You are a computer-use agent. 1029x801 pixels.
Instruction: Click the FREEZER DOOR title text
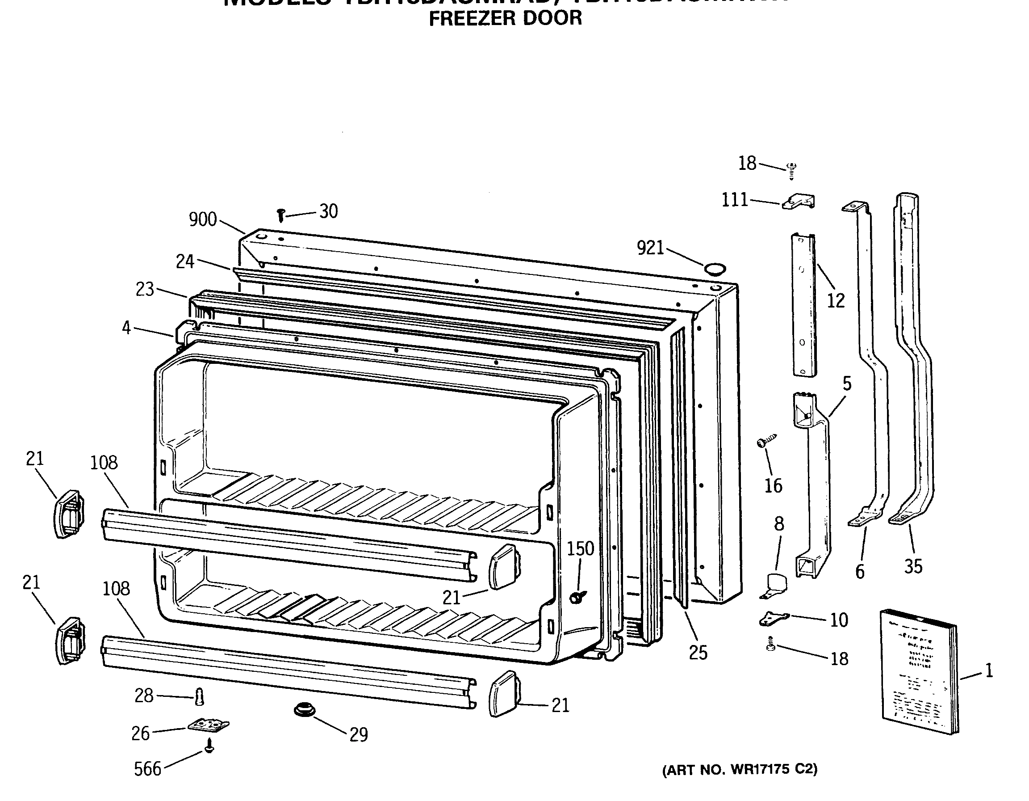[x=505, y=18]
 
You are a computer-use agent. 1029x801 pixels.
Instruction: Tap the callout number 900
[x=203, y=220]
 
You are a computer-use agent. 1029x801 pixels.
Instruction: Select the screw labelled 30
[x=281, y=215]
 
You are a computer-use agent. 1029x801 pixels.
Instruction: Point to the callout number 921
[x=650, y=248]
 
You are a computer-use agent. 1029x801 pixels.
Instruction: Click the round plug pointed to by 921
[x=715, y=270]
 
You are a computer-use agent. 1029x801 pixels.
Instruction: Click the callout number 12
[x=836, y=301]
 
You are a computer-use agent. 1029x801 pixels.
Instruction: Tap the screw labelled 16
[x=765, y=442]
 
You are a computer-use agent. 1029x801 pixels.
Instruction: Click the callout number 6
[x=860, y=572]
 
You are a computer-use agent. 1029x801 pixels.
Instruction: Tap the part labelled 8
[x=775, y=586]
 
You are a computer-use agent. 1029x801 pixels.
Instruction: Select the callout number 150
[x=580, y=549]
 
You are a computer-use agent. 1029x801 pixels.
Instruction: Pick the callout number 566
[x=147, y=769]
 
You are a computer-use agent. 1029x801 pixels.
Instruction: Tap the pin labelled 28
[x=199, y=696]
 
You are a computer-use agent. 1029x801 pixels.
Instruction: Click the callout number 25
[x=698, y=653]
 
